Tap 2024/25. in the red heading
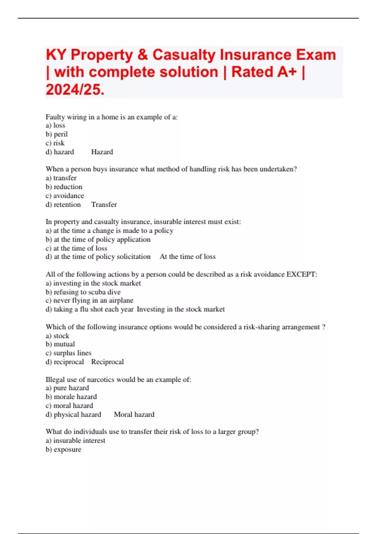click(75, 90)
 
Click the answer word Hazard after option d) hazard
click(102, 152)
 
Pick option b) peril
click(57, 134)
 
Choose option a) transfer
click(61, 178)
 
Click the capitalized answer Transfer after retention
click(104, 205)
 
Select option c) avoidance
click(65, 196)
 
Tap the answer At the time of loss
click(188, 257)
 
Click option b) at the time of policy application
click(98, 239)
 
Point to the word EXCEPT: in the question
click(302, 274)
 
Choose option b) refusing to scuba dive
click(83, 292)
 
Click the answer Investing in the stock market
click(181, 309)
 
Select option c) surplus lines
click(68, 353)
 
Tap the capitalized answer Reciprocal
click(107, 362)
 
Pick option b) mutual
click(60, 344)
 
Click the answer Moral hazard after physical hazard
click(134, 415)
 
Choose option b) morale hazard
click(71, 397)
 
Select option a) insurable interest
click(75, 441)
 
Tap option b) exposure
click(63, 450)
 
